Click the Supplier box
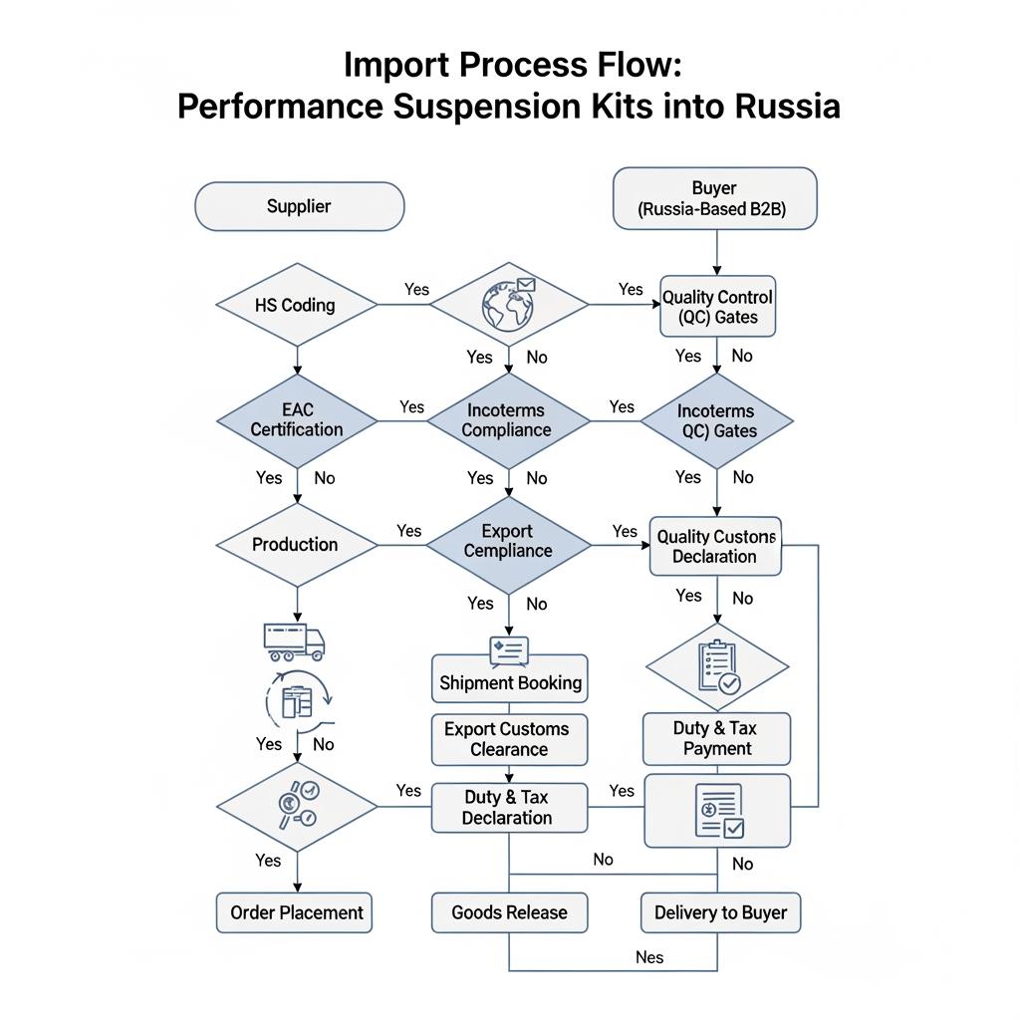(299, 207)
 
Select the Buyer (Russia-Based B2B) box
(714, 198)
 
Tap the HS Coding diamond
(296, 305)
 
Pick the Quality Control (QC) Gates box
(717, 307)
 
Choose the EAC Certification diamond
(297, 419)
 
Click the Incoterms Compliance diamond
(508, 419)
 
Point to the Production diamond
(296, 544)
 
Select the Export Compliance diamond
(508, 541)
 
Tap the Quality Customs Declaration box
(715, 546)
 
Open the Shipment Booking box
(510, 682)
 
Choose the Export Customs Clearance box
(509, 739)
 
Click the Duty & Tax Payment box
(716, 738)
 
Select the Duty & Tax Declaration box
(508, 807)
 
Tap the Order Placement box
(296, 912)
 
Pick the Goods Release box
(509, 912)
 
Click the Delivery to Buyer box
(720, 912)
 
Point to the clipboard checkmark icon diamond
(717, 667)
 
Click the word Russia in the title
(787, 106)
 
